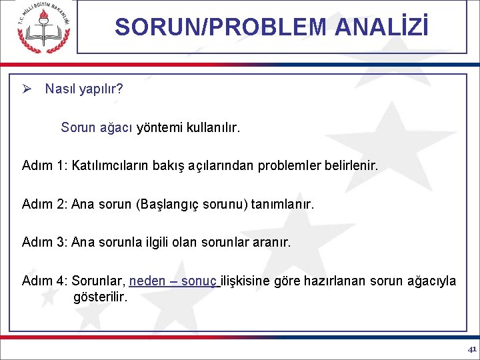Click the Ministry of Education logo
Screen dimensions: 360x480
(x=43, y=28)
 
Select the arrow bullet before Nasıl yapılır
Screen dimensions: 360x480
(x=27, y=89)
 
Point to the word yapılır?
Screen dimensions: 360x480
(x=101, y=89)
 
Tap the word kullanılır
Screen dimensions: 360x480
(x=213, y=127)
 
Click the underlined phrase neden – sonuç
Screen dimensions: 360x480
(x=173, y=281)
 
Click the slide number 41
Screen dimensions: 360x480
(x=471, y=349)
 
